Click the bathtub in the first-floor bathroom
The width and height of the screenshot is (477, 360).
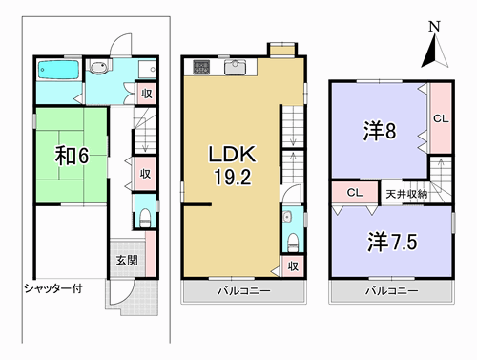pyautogui.click(x=58, y=70)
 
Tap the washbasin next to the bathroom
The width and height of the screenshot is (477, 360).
pyautogui.click(x=99, y=67)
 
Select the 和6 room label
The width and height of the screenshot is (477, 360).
pyautogui.click(x=72, y=156)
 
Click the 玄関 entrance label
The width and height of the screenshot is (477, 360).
pyautogui.click(x=127, y=260)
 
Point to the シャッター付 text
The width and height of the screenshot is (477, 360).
pyautogui.click(x=53, y=288)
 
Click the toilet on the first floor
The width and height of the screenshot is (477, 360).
pyautogui.click(x=145, y=219)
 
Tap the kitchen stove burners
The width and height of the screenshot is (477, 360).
pyautogui.click(x=201, y=67)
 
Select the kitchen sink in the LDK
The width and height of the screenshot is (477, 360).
pyautogui.click(x=235, y=67)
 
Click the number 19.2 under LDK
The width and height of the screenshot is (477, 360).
pyautogui.click(x=233, y=177)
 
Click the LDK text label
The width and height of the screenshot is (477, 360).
pyautogui.click(x=232, y=154)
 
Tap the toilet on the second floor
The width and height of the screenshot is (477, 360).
pyautogui.click(x=293, y=244)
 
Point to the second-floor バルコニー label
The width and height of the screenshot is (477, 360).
pyautogui.click(x=244, y=291)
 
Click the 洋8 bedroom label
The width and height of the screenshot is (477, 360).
pyautogui.click(x=380, y=131)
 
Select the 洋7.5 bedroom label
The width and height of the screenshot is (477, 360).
pyautogui.click(x=392, y=242)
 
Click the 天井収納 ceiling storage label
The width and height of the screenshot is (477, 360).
pyautogui.click(x=406, y=194)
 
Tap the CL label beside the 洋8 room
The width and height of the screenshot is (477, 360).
pyautogui.click(x=441, y=118)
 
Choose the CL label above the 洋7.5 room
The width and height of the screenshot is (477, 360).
pyautogui.click(x=355, y=192)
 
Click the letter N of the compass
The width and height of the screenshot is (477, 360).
pyautogui.click(x=434, y=27)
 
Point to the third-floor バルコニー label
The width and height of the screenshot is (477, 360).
pyautogui.click(x=392, y=291)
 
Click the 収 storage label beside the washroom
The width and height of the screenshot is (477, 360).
pyautogui.click(x=147, y=94)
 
